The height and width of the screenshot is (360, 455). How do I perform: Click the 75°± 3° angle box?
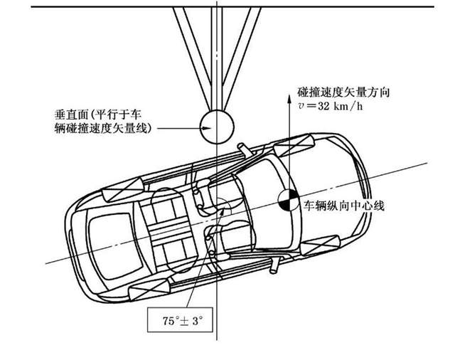point(180,319)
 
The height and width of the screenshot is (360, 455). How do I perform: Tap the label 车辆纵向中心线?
point(344,206)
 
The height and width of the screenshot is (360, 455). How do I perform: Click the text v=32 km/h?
point(330,106)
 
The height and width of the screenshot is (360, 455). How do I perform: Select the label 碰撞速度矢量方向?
point(343,92)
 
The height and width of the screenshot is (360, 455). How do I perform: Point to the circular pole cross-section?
point(217,127)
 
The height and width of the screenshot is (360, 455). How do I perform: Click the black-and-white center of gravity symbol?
point(288,200)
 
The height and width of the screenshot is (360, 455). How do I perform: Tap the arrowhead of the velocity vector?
point(289,99)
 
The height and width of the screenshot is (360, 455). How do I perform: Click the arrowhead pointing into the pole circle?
point(207,128)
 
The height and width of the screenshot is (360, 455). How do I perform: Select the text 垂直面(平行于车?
point(98,115)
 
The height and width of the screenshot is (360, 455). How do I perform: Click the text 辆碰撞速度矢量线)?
point(103,128)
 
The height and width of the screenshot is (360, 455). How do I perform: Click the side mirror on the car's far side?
point(274,266)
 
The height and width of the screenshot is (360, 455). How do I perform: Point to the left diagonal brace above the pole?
point(193,58)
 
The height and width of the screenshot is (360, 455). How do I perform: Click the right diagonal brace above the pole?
point(242,58)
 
